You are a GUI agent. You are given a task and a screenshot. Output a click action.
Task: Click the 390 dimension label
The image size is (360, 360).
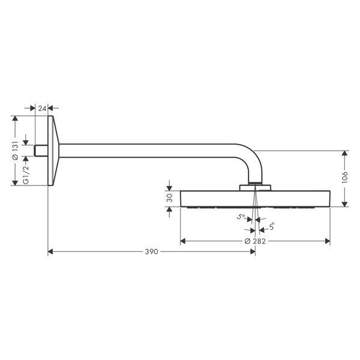coord(152,251)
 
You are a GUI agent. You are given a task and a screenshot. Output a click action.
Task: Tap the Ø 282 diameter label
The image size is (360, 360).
coord(255,241)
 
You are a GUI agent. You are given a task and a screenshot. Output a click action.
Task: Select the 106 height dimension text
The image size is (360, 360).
coord(344,177)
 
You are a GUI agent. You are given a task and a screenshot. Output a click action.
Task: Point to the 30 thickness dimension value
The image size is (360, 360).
coord(169,197)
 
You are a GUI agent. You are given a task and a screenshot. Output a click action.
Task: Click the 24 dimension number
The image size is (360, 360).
coord(42,109)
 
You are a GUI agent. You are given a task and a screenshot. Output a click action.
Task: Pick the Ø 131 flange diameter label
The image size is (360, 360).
coord(15,151)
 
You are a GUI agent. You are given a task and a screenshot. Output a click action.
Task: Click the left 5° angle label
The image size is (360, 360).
coord(241,216)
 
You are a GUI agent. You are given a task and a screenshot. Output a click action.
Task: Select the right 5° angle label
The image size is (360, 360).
coord(272,227)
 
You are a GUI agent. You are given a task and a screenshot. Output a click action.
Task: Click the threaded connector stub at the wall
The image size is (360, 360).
coord(41,151)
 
